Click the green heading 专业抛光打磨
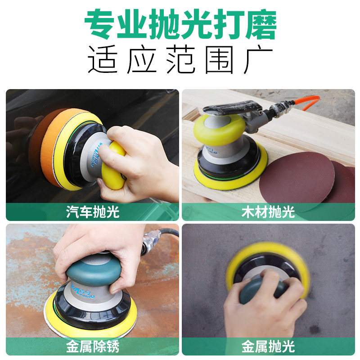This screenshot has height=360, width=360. [x=180, y=24]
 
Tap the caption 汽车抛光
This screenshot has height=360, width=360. [x=93, y=211]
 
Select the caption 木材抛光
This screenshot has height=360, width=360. [x=268, y=211]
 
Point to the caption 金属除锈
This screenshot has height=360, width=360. [x=93, y=346]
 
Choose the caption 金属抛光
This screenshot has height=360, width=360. [x=268, y=346]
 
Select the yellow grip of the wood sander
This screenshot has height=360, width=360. [x=219, y=130]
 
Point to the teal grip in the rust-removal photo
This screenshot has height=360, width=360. [x=94, y=270]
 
